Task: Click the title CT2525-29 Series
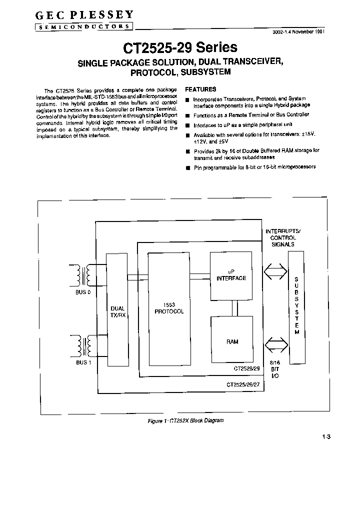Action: [180, 48]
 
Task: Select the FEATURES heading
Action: [200, 89]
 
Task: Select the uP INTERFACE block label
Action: [230, 275]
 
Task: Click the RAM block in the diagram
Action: [231, 341]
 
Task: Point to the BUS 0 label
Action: [83, 292]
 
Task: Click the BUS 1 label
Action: [83, 362]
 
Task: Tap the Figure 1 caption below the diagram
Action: [185, 420]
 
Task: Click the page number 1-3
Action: [326, 437]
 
